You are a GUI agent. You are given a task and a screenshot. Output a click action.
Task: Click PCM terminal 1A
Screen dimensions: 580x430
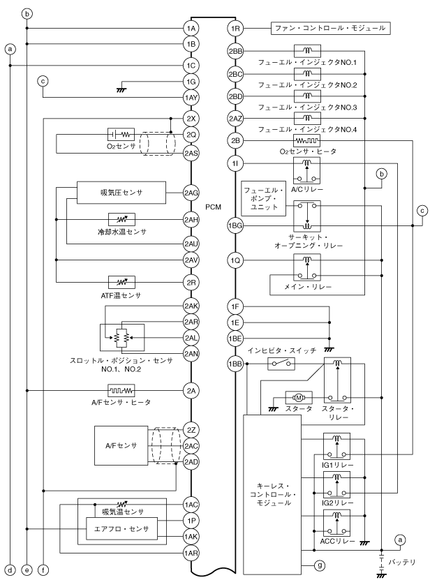tap(191, 29)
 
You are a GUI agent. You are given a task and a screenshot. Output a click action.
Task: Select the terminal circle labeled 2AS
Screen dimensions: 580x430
tap(191, 151)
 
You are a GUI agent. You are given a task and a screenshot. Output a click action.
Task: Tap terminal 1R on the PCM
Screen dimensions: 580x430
tap(236, 29)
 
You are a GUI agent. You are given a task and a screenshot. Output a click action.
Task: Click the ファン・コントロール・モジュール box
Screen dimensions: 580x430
tap(329, 29)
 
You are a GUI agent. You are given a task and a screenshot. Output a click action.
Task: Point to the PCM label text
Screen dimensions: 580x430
tap(214, 207)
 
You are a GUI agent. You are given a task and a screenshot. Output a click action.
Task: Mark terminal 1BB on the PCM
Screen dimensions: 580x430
tap(236, 364)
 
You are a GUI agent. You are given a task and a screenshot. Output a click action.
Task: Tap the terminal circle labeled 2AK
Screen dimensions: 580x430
tap(191, 306)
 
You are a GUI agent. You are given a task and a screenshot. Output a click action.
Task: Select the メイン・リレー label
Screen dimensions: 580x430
tap(306, 287)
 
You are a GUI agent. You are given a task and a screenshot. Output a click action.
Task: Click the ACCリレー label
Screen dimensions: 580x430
tap(336, 541)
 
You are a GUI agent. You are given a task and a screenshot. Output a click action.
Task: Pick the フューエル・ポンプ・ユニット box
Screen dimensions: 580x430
tap(261, 200)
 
